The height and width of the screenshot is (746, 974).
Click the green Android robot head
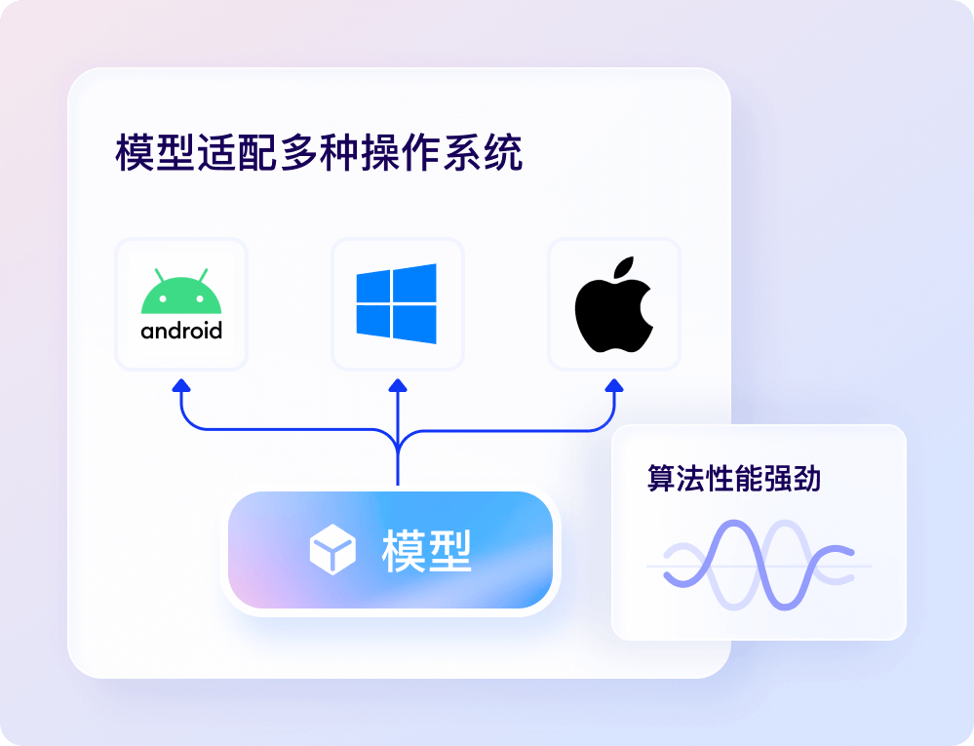181,295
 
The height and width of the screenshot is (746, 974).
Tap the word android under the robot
181,331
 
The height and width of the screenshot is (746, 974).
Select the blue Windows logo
397,303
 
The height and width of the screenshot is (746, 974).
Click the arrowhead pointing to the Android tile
181,386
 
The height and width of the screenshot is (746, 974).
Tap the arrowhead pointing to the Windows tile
398,386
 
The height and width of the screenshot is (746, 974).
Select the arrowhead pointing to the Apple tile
614,386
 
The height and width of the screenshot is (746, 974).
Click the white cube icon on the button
332,551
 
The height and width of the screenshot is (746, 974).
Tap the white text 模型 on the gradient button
427,551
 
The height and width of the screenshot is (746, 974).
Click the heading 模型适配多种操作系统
319,154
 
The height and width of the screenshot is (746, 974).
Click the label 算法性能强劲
734,478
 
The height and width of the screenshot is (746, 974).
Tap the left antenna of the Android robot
159,274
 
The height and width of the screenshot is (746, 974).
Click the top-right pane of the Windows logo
415,284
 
